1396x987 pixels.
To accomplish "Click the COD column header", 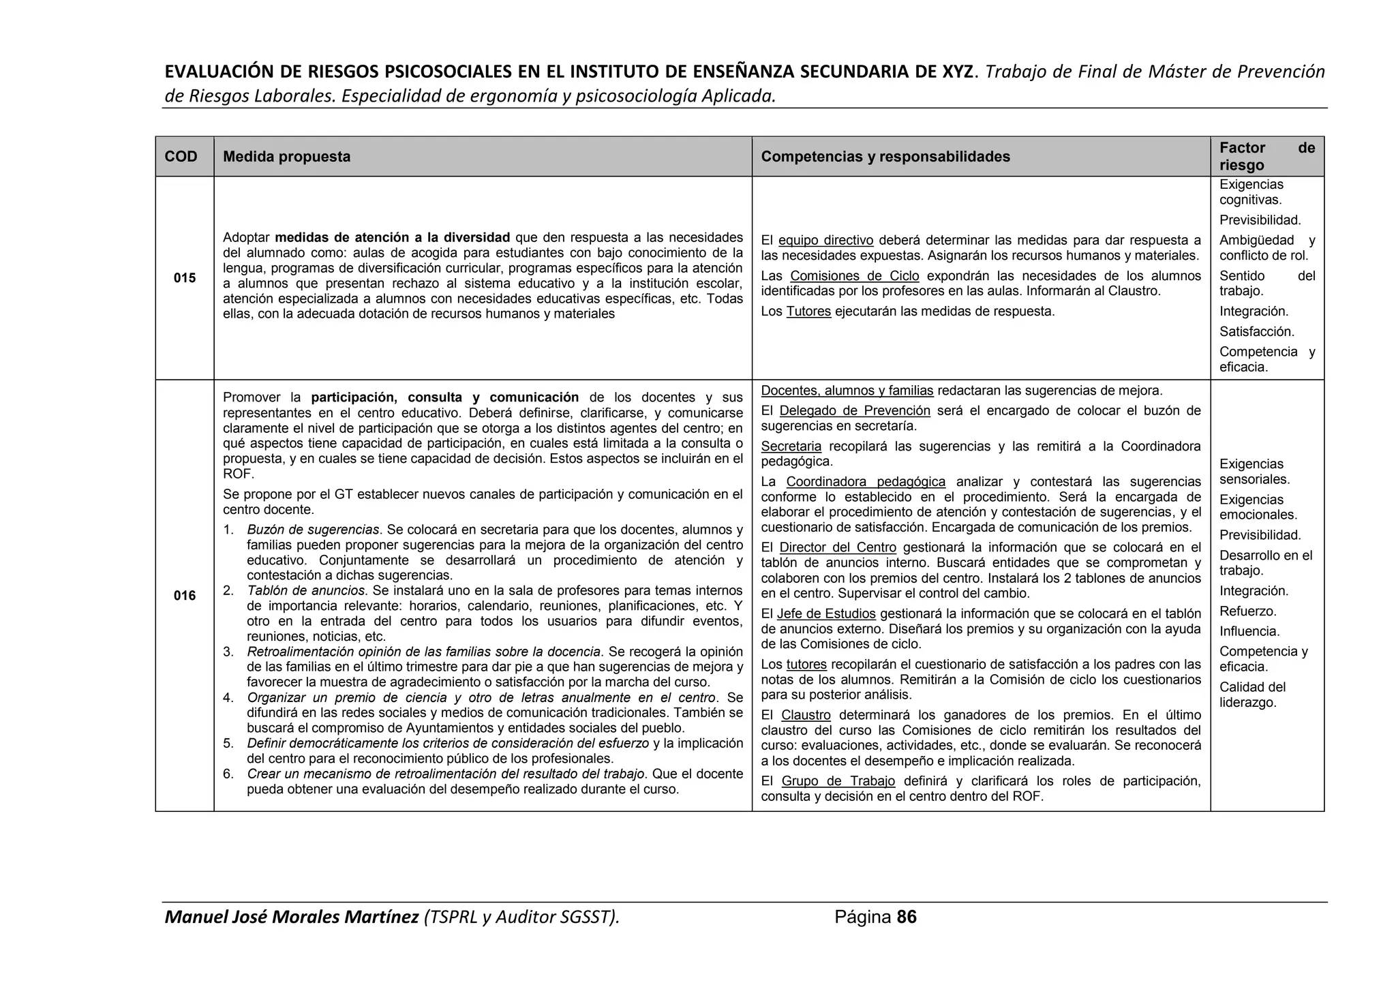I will click(181, 157).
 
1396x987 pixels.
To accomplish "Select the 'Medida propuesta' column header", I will click(286, 157).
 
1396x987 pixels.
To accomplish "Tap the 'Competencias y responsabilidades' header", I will click(885, 157).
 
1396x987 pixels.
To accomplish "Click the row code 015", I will click(184, 278).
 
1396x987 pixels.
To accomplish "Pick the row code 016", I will click(184, 596).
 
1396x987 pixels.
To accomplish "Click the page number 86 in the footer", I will click(907, 917).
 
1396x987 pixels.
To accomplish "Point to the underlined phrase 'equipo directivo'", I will click(825, 240).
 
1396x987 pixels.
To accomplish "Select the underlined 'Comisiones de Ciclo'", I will click(855, 276).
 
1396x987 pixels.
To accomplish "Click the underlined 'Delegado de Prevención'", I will click(855, 410).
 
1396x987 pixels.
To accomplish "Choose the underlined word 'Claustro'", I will click(806, 715).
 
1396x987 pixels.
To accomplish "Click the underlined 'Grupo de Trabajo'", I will click(838, 781).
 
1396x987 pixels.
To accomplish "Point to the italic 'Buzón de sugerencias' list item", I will click(313, 530).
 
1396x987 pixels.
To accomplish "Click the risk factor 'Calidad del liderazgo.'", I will click(1252, 695).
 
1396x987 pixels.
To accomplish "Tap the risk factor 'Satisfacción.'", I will click(1256, 332).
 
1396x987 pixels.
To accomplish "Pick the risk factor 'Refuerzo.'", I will click(1248, 611).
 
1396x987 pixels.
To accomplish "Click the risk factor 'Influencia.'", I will click(1249, 632).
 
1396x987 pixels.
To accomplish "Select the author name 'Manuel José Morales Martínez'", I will click(292, 917).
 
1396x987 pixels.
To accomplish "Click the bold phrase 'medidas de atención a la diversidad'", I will click(393, 237).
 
